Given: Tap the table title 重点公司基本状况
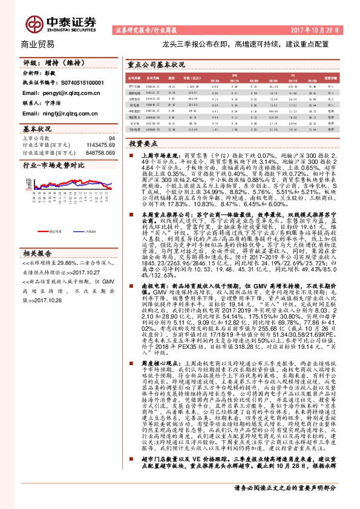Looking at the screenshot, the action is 156,63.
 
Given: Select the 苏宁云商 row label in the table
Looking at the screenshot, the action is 135,86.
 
